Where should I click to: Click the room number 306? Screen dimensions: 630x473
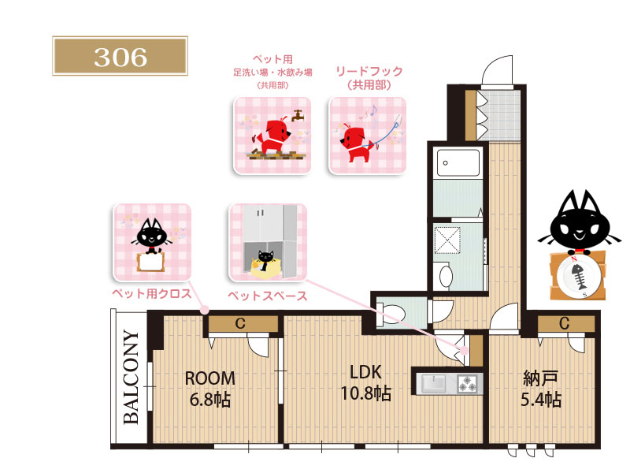[120, 57]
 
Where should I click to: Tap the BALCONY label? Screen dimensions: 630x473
[131, 378]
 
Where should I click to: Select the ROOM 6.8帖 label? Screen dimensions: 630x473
[209, 389]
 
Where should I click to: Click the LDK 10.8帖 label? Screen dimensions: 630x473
[365, 383]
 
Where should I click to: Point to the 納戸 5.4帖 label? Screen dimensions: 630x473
[541, 389]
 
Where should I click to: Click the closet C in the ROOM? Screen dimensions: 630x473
[240, 324]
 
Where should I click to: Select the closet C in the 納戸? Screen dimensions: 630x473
[564, 323]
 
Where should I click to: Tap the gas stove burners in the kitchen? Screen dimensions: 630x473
[468, 383]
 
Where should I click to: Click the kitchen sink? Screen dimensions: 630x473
[434, 382]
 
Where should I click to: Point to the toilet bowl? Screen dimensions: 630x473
[391, 312]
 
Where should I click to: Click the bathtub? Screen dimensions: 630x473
[458, 163]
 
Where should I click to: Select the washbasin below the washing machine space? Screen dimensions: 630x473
[446, 277]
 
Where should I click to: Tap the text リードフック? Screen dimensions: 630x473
[369, 71]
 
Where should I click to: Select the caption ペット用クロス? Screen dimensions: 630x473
[152, 293]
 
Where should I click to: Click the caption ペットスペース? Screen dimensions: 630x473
[268, 296]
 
